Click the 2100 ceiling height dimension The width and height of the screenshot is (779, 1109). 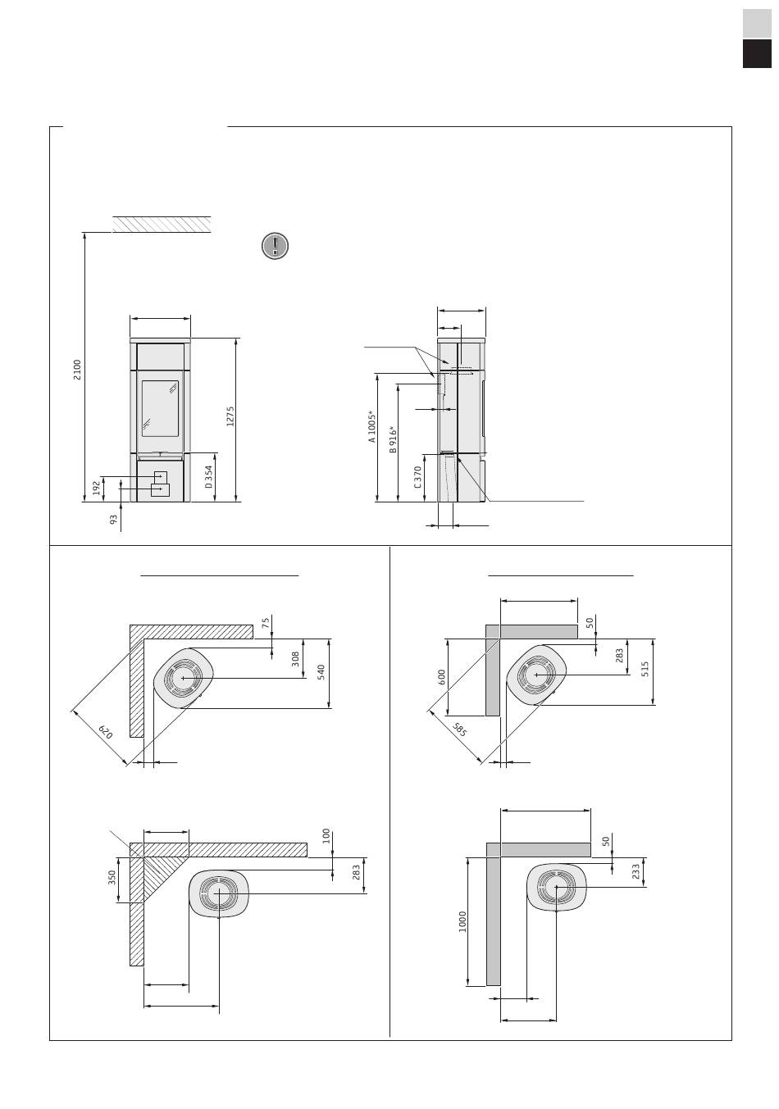[x=77, y=370]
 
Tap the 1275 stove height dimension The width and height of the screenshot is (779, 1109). [x=230, y=416]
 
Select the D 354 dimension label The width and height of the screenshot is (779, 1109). [x=209, y=477]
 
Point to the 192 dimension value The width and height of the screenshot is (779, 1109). [x=97, y=488]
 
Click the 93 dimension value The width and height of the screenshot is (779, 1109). [x=113, y=520]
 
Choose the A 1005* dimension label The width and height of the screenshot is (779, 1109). [x=372, y=426]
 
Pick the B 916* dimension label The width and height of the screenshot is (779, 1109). [x=394, y=439]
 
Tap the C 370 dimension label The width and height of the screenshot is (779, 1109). [x=417, y=477]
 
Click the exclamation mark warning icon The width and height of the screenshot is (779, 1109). [x=275, y=246]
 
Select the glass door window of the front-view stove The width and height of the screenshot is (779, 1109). [x=161, y=408]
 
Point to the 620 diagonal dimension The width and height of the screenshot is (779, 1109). [x=106, y=732]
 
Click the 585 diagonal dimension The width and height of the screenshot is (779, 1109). [x=459, y=729]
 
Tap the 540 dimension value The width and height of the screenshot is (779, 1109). [x=321, y=672]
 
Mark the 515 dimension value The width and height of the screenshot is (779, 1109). [x=645, y=670]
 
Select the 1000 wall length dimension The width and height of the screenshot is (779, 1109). [x=462, y=921]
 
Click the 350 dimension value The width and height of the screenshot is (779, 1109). [x=112, y=877]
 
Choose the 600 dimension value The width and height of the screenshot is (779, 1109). [x=442, y=677]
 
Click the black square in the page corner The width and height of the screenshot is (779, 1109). [x=757, y=54]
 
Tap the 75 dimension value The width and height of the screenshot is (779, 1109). [x=266, y=622]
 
